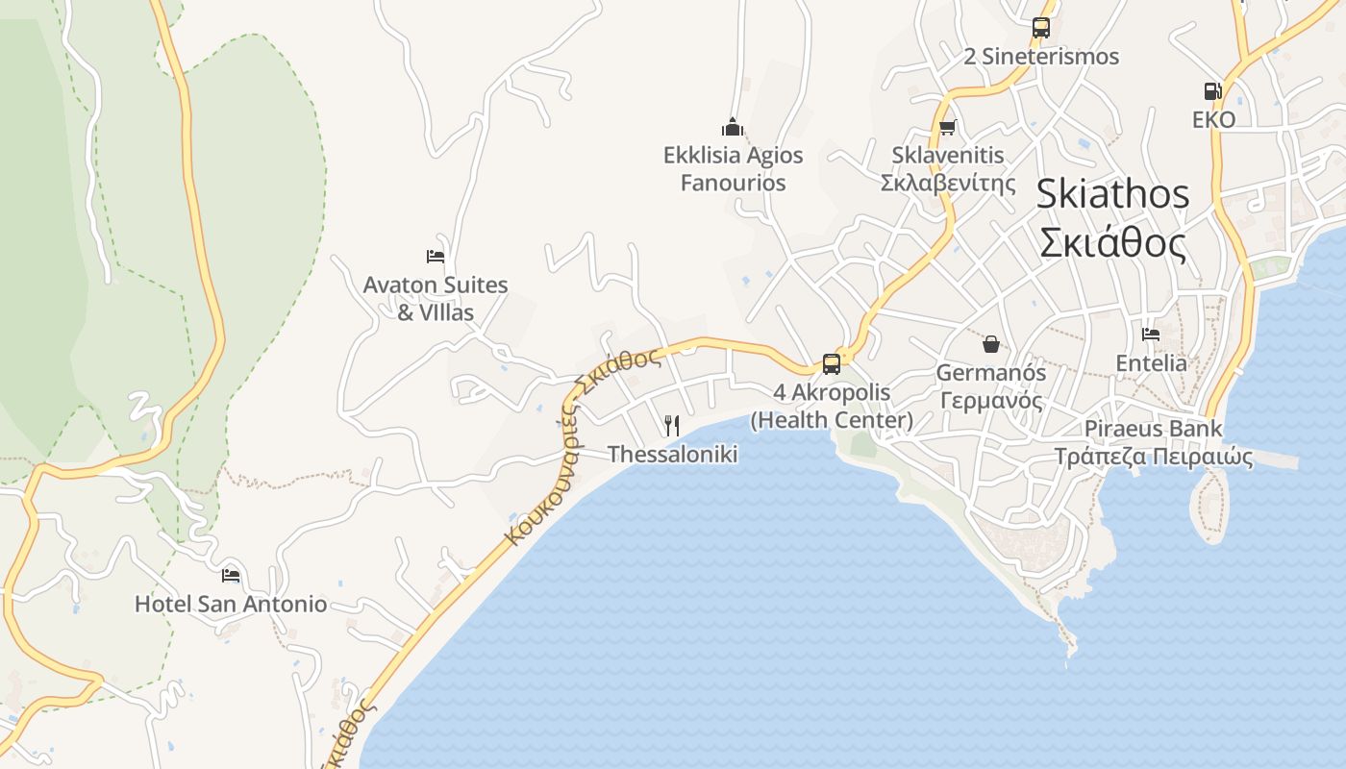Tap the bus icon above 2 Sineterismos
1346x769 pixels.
click(x=1041, y=28)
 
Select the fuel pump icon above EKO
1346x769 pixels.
click(x=1212, y=91)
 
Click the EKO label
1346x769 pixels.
click(x=1213, y=119)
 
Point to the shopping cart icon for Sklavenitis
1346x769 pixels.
click(x=947, y=127)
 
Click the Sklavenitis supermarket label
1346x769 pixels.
click(x=948, y=168)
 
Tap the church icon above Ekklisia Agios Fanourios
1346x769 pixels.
click(x=733, y=127)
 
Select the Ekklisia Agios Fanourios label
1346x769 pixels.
click(x=733, y=168)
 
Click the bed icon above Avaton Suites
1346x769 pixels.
click(x=436, y=257)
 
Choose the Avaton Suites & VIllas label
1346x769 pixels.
click(x=436, y=298)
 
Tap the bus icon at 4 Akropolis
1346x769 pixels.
click(x=832, y=364)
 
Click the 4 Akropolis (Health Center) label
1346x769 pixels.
click(x=832, y=406)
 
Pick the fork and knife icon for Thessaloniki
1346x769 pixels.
click(x=672, y=425)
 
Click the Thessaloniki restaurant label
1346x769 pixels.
click(x=672, y=454)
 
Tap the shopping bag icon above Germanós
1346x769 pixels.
click(x=990, y=343)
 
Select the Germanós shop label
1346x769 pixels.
click(x=990, y=384)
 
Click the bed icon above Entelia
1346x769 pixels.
click(x=1151, y=335)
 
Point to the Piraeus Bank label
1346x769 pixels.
click(x=1154, y=442)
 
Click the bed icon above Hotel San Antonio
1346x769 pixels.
click(x=231, y=576)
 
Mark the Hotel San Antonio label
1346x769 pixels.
click(x=231, y=605)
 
